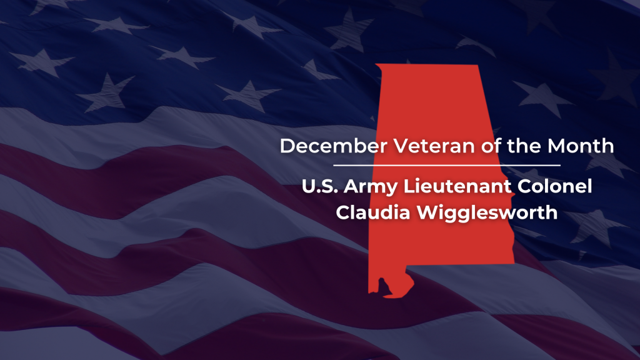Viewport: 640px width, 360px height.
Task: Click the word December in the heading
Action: (334, 146)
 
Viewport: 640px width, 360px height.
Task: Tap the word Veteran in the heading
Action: (434, 146)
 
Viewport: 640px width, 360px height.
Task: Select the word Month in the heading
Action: (581, 146)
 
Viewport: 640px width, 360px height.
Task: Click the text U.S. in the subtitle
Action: (320, 186)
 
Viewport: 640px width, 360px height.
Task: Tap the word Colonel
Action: (555, 186)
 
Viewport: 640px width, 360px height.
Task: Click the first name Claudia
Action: (373, 212)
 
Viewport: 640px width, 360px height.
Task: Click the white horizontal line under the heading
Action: (447, 165)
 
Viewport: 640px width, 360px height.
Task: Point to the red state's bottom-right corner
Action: (515, 264)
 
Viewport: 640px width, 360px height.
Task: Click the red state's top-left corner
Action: (376, 64)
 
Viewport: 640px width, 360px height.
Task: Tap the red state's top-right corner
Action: (477, 65)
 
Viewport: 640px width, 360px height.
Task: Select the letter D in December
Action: (287, 146)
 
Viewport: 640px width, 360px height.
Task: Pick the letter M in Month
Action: (556, 146)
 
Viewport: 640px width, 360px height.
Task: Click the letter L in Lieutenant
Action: (409, 187)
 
